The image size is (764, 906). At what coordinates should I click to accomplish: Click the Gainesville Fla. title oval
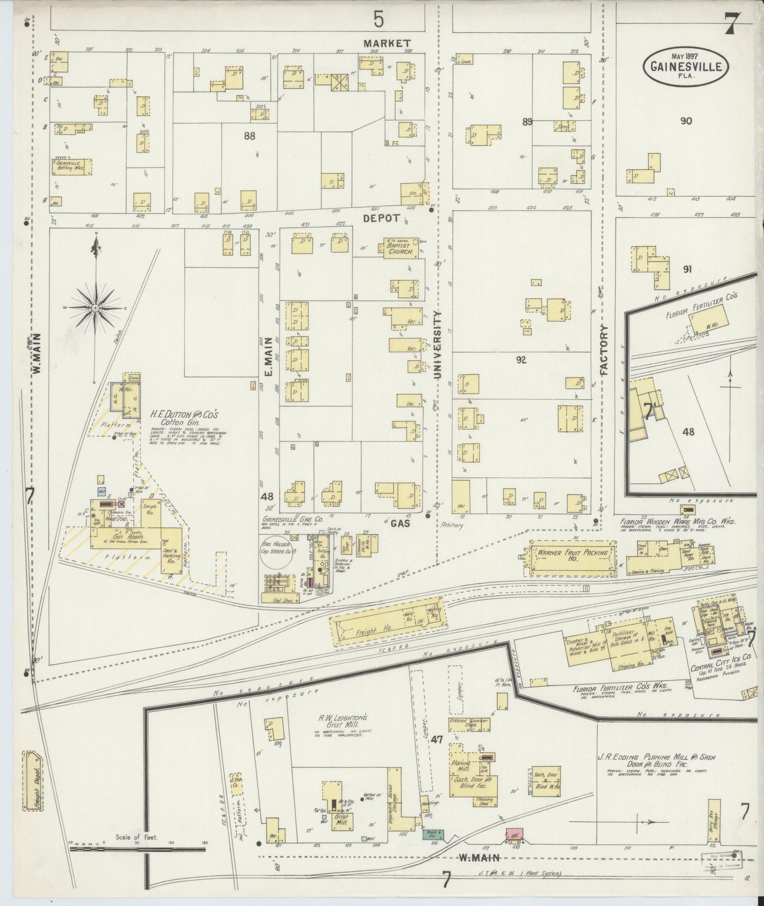[x=686, y=67]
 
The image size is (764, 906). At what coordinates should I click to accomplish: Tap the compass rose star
[x=95, y=308]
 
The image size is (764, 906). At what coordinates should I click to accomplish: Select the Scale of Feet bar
[x=137, y=850]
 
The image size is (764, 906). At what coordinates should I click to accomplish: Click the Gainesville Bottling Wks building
[x=71, y=167]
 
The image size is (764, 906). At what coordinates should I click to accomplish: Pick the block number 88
[x=250, y=136]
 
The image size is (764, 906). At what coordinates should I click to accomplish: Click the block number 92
[x=521, y=360]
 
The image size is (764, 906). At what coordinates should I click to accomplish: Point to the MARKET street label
[x=386, y=43]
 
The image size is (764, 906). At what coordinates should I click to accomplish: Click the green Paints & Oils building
[x=432, y=835]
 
